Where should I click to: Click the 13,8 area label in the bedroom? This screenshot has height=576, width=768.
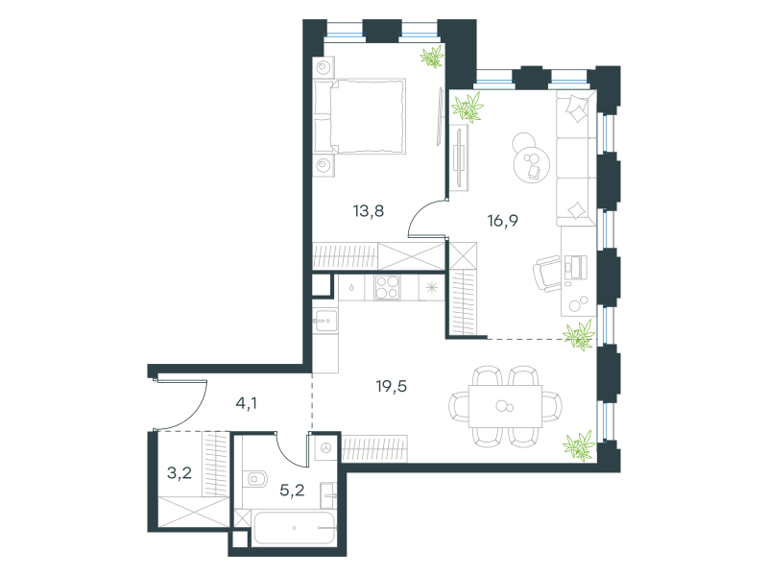tap(369, 211)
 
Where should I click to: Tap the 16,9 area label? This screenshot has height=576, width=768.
tap(502, 221)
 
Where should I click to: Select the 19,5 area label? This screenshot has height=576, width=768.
tap(392, 387)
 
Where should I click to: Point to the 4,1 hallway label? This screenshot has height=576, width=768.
tap(247, 403)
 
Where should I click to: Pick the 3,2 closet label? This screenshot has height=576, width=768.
tap(180, 473)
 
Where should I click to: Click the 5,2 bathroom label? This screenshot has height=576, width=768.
tap(292, 490)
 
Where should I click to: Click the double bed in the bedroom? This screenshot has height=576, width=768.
tap(360, 116)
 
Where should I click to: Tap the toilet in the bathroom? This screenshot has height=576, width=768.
tap(255, 478)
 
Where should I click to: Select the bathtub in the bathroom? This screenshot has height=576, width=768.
tap(294, 528)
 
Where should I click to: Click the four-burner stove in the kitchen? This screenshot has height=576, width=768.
tap(388, 287)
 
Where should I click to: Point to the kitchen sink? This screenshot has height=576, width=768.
tap(324, 322)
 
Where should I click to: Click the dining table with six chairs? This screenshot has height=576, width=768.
tap(506, 406)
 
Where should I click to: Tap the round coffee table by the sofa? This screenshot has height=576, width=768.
tap(531, 163)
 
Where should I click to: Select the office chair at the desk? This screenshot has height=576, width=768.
tap(546, 274)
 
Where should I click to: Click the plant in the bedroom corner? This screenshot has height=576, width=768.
tap(432, 57)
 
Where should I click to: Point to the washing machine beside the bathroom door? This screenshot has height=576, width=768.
tap(325, 448)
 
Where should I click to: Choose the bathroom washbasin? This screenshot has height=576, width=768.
tap(328, 495)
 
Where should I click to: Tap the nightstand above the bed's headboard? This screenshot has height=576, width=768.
tap(324, 66)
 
